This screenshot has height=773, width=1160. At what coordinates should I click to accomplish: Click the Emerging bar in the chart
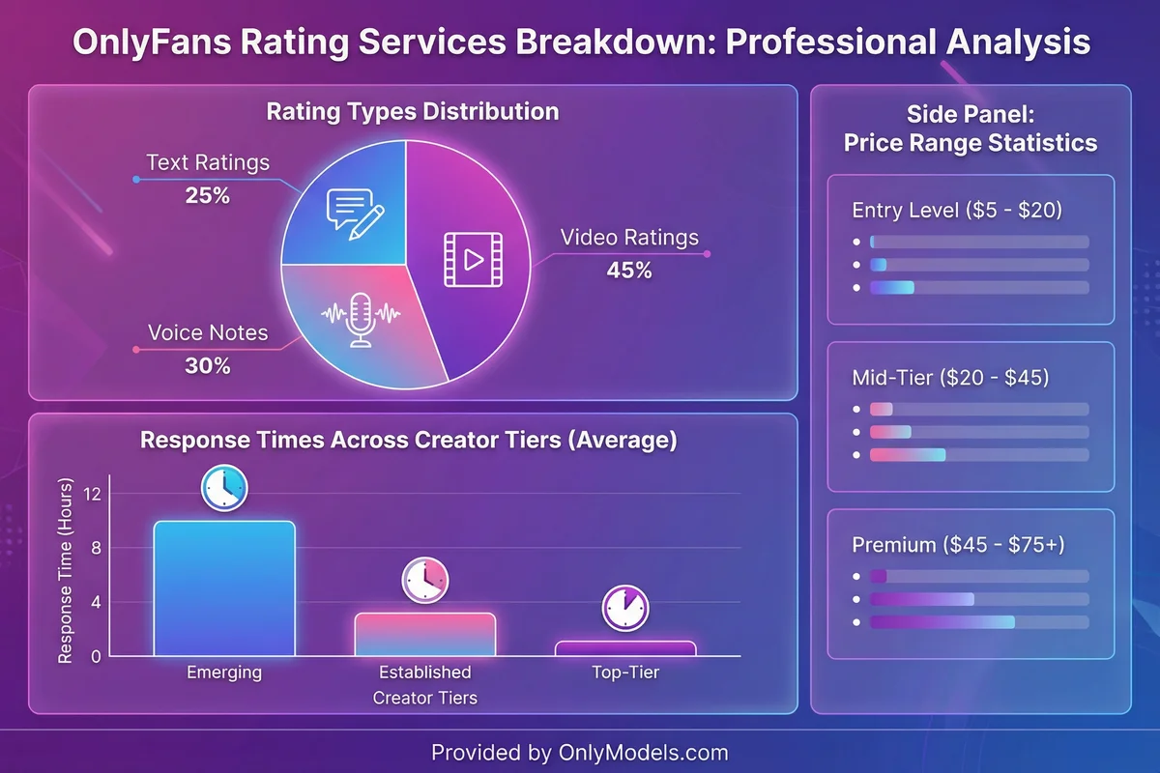224,588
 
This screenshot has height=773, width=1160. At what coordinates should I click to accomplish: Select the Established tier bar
424,634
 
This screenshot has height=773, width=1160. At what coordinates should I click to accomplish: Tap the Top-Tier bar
625,648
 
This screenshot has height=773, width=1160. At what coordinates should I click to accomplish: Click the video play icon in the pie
474,258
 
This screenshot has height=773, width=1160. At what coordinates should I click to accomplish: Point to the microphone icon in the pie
361,320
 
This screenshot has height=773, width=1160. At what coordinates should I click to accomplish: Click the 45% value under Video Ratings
629,271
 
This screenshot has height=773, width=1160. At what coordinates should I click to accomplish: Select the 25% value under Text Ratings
208,195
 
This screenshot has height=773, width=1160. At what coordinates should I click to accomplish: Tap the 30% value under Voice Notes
208,366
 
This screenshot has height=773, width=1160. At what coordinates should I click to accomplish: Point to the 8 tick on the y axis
95,548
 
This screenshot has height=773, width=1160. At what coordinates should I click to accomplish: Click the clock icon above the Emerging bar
224,488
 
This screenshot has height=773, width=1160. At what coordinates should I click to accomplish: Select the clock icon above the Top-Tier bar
625,608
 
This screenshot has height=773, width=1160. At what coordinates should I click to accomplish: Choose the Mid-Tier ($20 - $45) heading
950,378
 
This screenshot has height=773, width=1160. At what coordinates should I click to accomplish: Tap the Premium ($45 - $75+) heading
958,545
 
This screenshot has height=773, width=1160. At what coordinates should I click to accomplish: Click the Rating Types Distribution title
413,111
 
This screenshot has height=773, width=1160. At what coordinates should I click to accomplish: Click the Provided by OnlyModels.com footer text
580,752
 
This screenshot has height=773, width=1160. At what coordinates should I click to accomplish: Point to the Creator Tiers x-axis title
424,697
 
